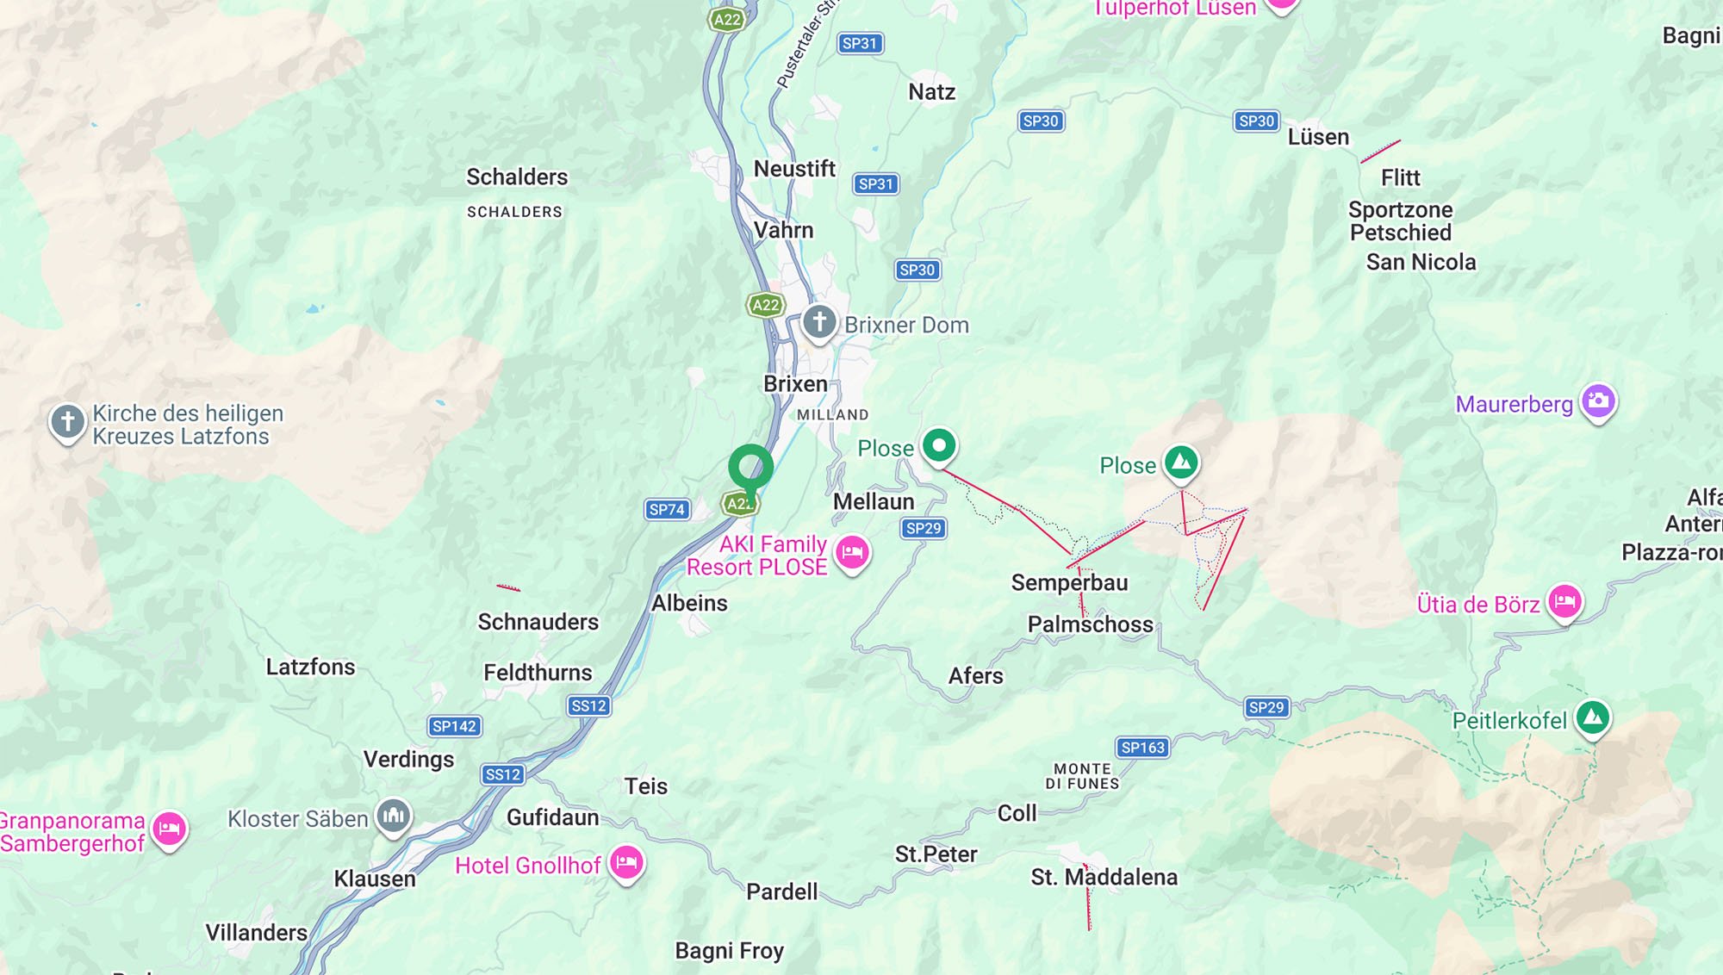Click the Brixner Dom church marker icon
tap(819, 323)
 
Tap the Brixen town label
tap(795, 384)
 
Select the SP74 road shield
tap(667, 509)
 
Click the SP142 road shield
tap(454, 726)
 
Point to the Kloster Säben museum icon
tap(394, 815)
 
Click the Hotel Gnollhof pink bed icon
tap(626, 861)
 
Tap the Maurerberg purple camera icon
tap(1598, 401)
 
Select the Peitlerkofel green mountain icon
tap(1592, 717)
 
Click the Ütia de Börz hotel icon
tap(1564, 600)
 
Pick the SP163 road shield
tap(1142, 748)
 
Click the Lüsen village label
tap(1318, 138)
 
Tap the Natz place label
tap(931, 92)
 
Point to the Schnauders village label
tap(538, 622)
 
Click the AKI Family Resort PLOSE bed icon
tap(852, 552)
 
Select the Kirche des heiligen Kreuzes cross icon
tap(67, 422)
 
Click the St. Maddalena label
tap(1104, 878)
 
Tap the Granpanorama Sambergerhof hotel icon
tap(170, 829)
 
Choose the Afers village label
tap(975, 676)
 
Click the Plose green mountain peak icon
tap(1181, 463)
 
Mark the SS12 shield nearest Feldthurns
tap(589, 705)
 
